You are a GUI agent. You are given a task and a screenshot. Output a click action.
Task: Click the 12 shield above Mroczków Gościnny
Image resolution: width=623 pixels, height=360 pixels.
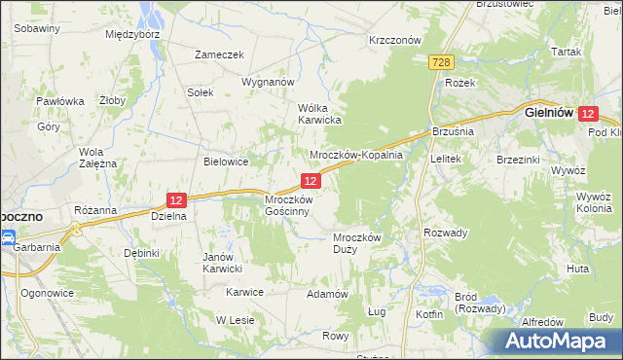pos(311,181)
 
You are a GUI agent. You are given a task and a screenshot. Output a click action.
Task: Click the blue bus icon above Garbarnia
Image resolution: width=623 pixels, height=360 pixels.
pos(7,236)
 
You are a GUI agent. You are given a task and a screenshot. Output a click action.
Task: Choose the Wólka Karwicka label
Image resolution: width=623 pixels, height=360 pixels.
pos(317,114)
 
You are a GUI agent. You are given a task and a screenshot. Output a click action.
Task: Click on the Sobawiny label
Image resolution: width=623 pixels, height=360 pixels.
pos(38,28)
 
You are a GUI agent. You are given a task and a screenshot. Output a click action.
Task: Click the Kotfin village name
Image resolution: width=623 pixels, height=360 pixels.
pos(428,314)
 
